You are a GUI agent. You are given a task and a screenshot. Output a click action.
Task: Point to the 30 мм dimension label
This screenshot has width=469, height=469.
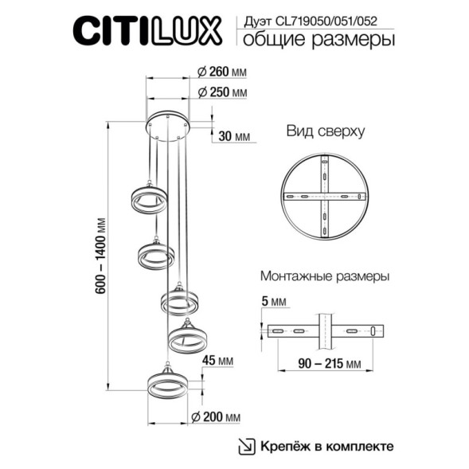click(233, 136)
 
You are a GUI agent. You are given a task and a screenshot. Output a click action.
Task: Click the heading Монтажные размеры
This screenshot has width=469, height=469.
click(324, 277)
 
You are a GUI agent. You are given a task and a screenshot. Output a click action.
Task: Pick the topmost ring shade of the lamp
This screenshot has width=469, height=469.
click(147, 199)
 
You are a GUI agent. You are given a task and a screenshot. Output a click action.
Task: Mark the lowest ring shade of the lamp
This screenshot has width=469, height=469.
click(168, 383)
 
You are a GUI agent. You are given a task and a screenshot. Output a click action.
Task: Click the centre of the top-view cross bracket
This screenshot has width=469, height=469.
click(324, 197)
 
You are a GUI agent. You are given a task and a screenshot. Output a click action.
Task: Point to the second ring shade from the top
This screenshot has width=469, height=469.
click(156, 255)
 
